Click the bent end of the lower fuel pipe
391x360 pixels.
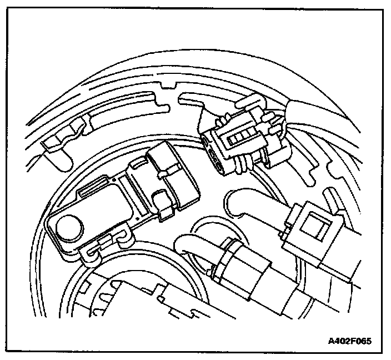[x=187, y=244]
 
